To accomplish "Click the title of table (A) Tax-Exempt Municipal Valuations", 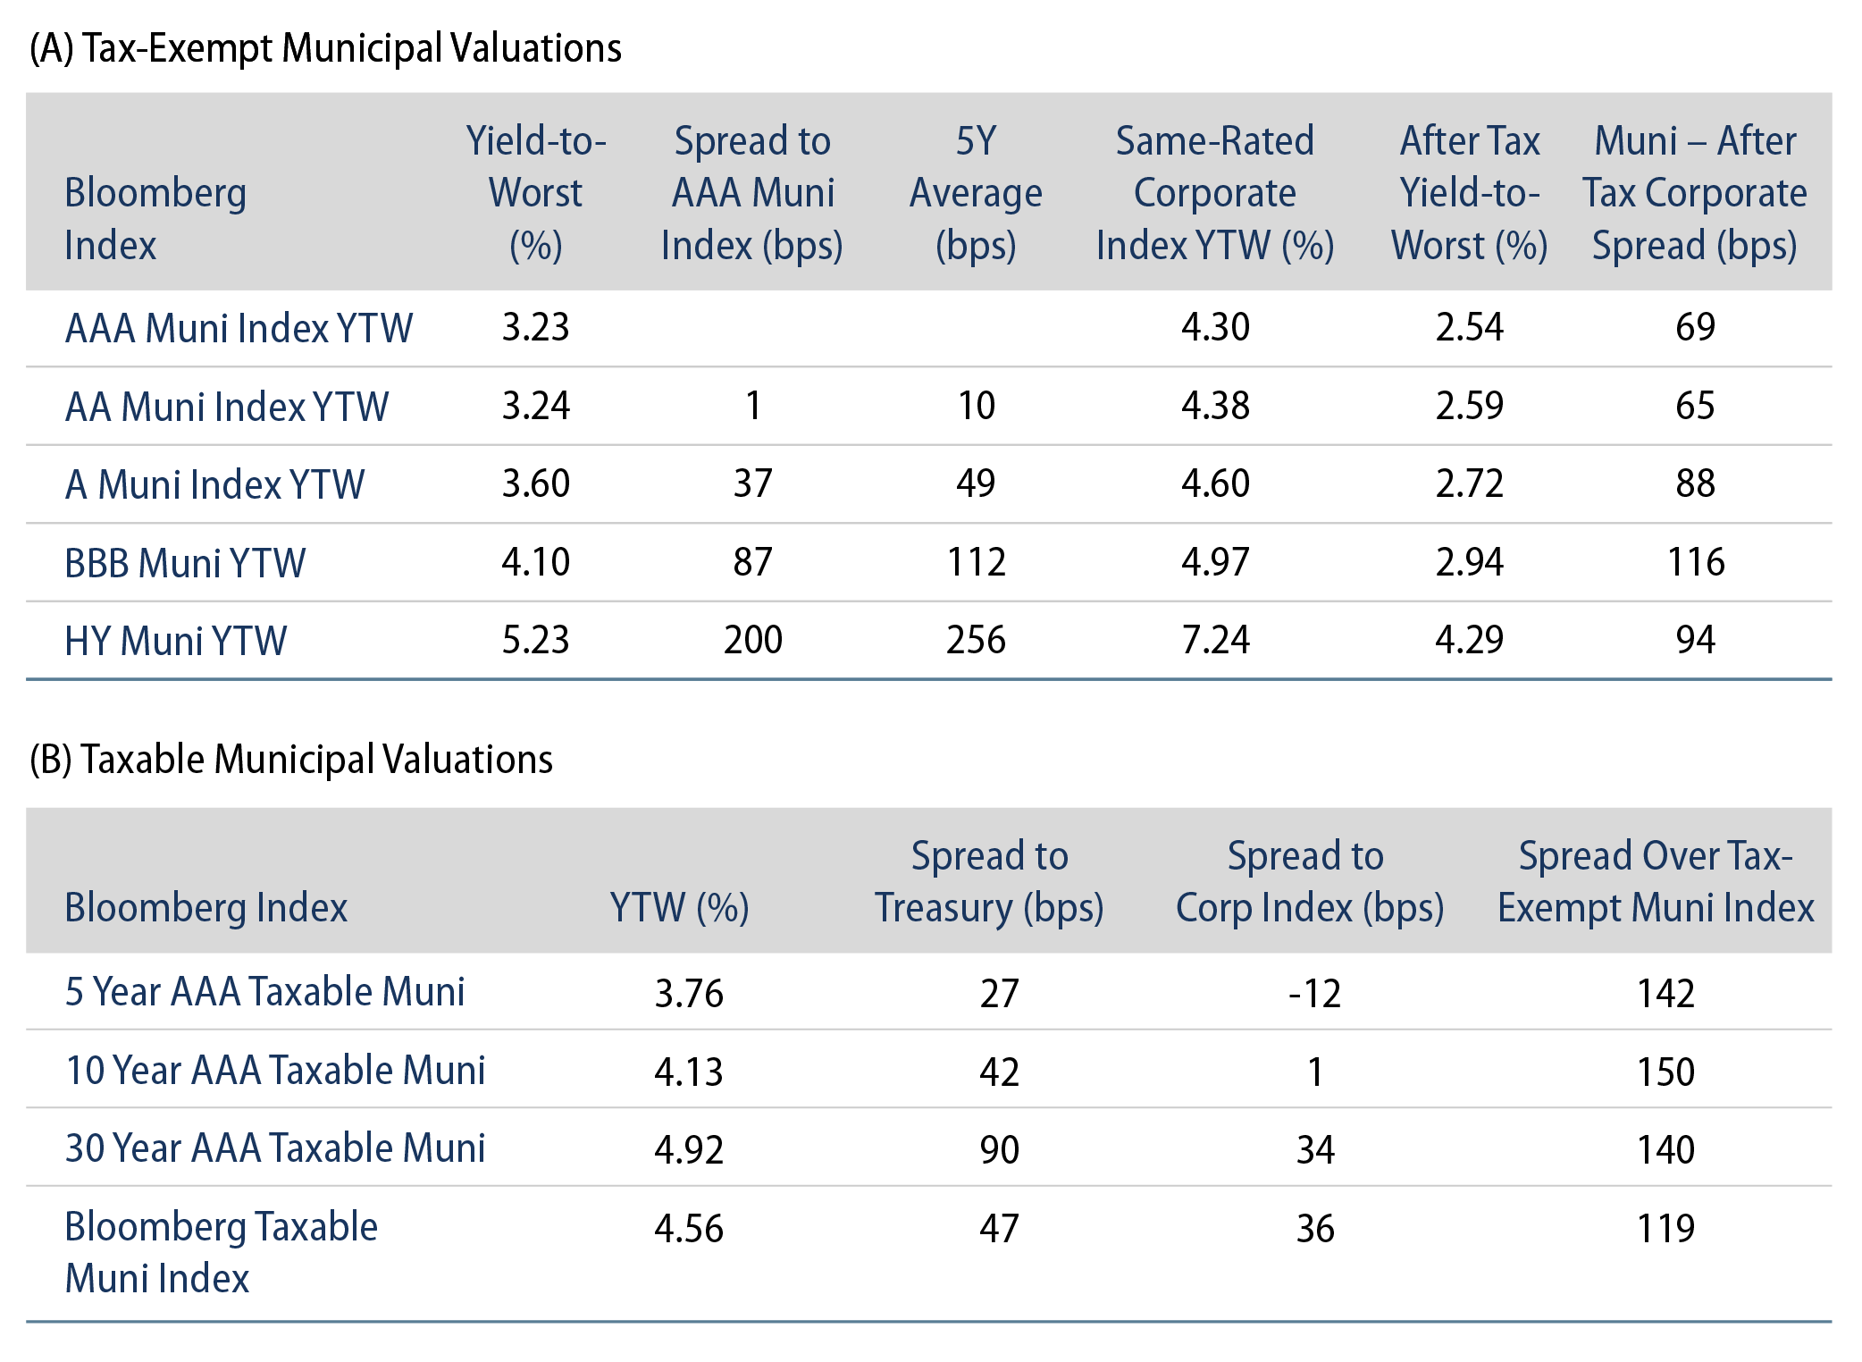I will tap(325, 48).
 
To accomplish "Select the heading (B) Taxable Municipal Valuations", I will tap(291, 760).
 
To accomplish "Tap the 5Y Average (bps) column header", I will tap(976, 193).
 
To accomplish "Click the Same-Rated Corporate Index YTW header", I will tap(1215, 193).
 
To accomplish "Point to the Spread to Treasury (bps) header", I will tap(989, 881).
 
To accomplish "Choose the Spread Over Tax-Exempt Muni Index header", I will tap(1656, 881).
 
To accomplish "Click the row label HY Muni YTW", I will tap(176, 641).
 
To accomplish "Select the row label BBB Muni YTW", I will tap(185, 563).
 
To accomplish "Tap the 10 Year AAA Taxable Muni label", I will tap(275, 1070).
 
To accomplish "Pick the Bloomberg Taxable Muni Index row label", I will tap(221, 1252).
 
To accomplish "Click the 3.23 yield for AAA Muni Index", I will tap(535, 327).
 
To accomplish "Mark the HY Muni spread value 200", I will tap(752, 640).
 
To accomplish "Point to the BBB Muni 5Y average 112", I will tap(976, 562).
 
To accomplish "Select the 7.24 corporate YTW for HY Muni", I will tap(1215, 640).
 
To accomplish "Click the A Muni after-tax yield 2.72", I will tap(1469, 483).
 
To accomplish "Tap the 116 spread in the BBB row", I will tap(1695, 562).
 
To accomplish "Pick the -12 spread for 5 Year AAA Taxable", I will tap(1314, 993).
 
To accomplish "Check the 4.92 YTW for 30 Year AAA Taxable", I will tap(689, 1149).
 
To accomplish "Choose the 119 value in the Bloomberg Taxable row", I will tap(1665, 1228).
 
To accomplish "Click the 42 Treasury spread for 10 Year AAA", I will tap(999, 1071).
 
